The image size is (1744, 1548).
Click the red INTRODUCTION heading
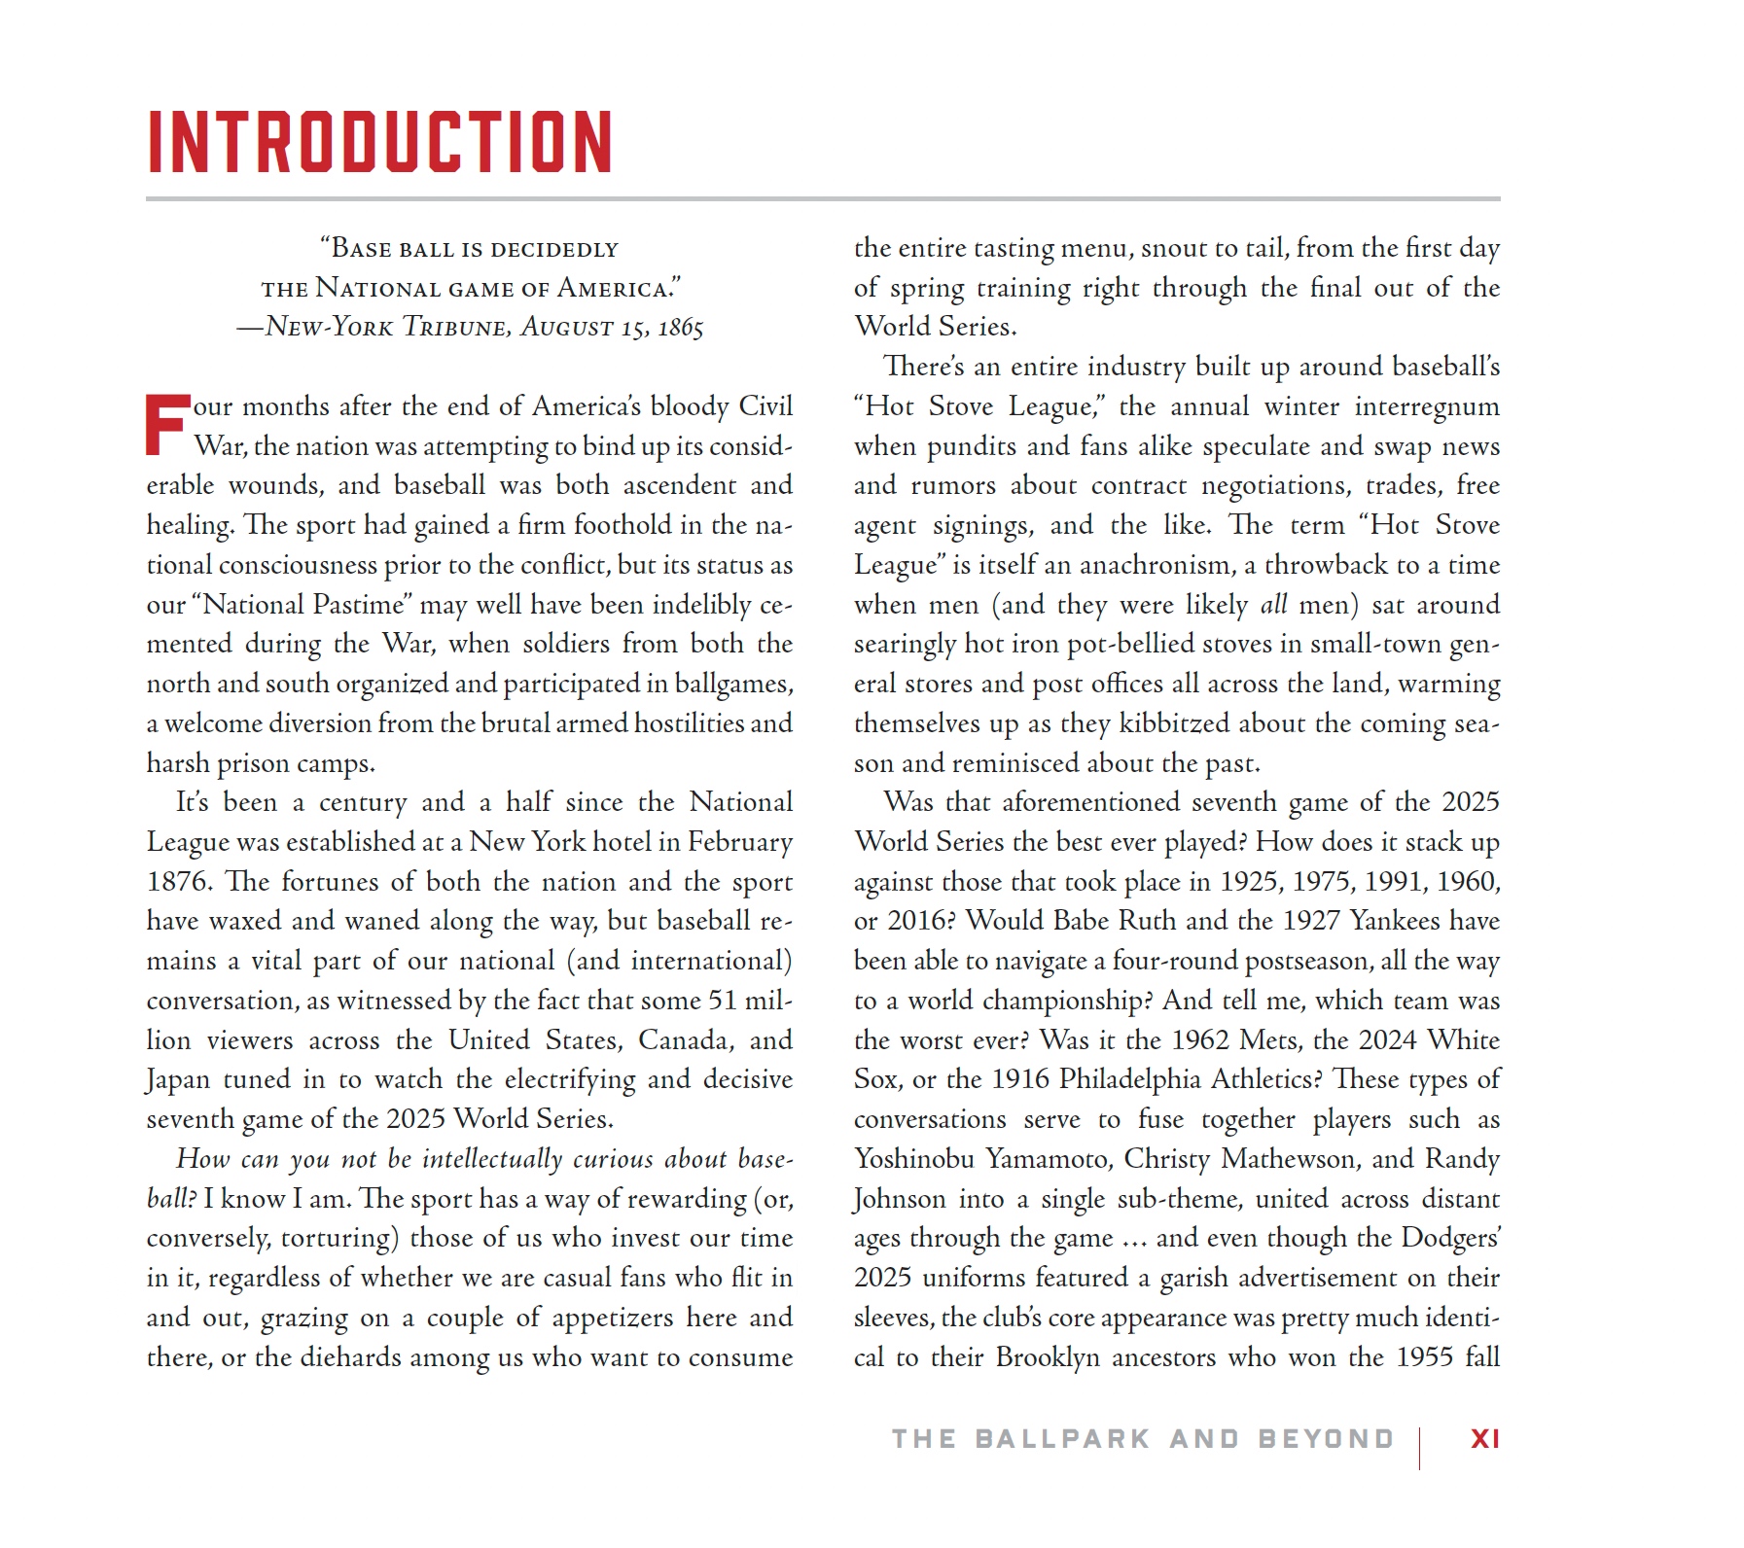pos(379,142)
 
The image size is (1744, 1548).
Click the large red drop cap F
pos(166,425)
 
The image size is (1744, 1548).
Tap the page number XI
pos(1484,1439)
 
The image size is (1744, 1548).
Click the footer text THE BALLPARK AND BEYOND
pos(1143,1439)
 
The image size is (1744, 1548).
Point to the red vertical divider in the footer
pos(1419,1448)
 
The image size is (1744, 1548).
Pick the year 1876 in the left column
pos(179,882)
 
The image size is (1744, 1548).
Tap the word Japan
pos(178,1080)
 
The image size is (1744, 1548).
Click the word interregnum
pos(1427,407)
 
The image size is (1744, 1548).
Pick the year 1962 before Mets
pos(1200,1040)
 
